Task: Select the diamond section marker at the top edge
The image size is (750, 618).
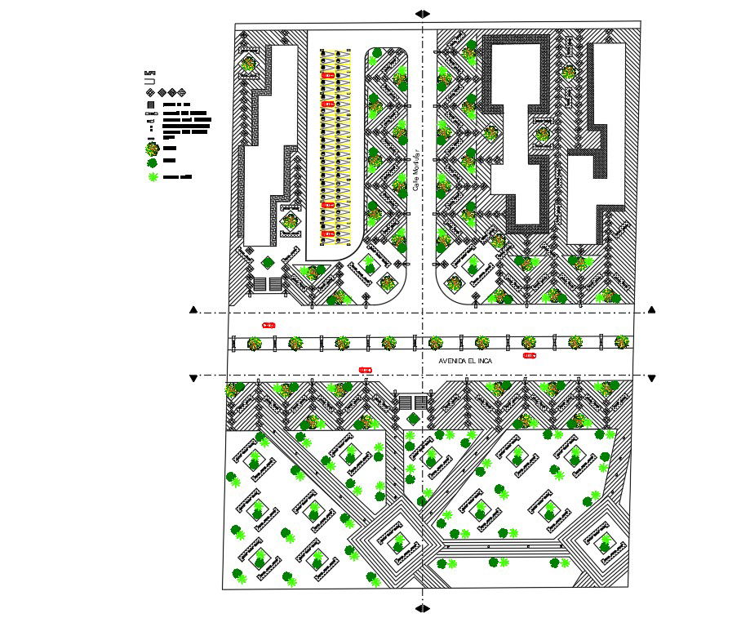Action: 422,13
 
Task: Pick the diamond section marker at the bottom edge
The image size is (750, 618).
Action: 422,608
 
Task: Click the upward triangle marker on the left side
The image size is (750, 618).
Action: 193,310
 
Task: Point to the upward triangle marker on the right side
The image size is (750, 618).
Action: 651,310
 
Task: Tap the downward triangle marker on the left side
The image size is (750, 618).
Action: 193,378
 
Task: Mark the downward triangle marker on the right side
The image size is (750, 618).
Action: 651,378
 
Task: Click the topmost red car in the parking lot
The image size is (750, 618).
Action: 328,75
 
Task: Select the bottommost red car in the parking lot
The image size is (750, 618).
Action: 328,234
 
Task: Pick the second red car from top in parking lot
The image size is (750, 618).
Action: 328,104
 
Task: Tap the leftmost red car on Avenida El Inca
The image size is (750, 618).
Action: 268,326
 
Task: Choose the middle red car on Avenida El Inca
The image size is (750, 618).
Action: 365,370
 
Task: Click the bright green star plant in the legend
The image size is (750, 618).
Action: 152,176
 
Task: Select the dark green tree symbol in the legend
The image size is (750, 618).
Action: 152,162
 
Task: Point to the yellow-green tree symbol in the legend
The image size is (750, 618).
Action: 152,149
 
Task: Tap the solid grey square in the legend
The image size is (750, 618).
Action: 151,105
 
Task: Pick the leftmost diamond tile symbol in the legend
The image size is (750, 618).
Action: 151,92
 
